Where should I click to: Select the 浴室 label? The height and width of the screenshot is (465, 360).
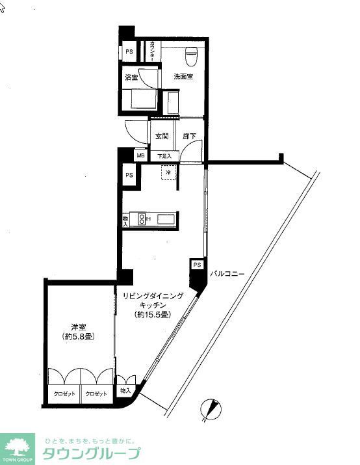(x=131, y=77)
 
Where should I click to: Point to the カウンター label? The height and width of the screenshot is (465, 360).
(x=152, y=52)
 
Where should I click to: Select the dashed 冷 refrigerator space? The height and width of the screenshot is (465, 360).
(x=168, y=173)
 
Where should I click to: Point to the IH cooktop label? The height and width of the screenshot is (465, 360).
(x=148, y=219)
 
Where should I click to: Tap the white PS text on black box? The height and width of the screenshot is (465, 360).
(x=197, y=265)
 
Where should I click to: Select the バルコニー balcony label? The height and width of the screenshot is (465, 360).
(x=227, y=274)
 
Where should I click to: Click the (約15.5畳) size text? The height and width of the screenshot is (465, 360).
(x=153, y=315)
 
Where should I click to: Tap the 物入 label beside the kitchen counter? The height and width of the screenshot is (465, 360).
(x=125, y=220)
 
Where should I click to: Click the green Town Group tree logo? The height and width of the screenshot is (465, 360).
(x=18, y=445)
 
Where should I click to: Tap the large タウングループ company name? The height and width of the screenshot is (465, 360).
(x=91, y=454)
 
